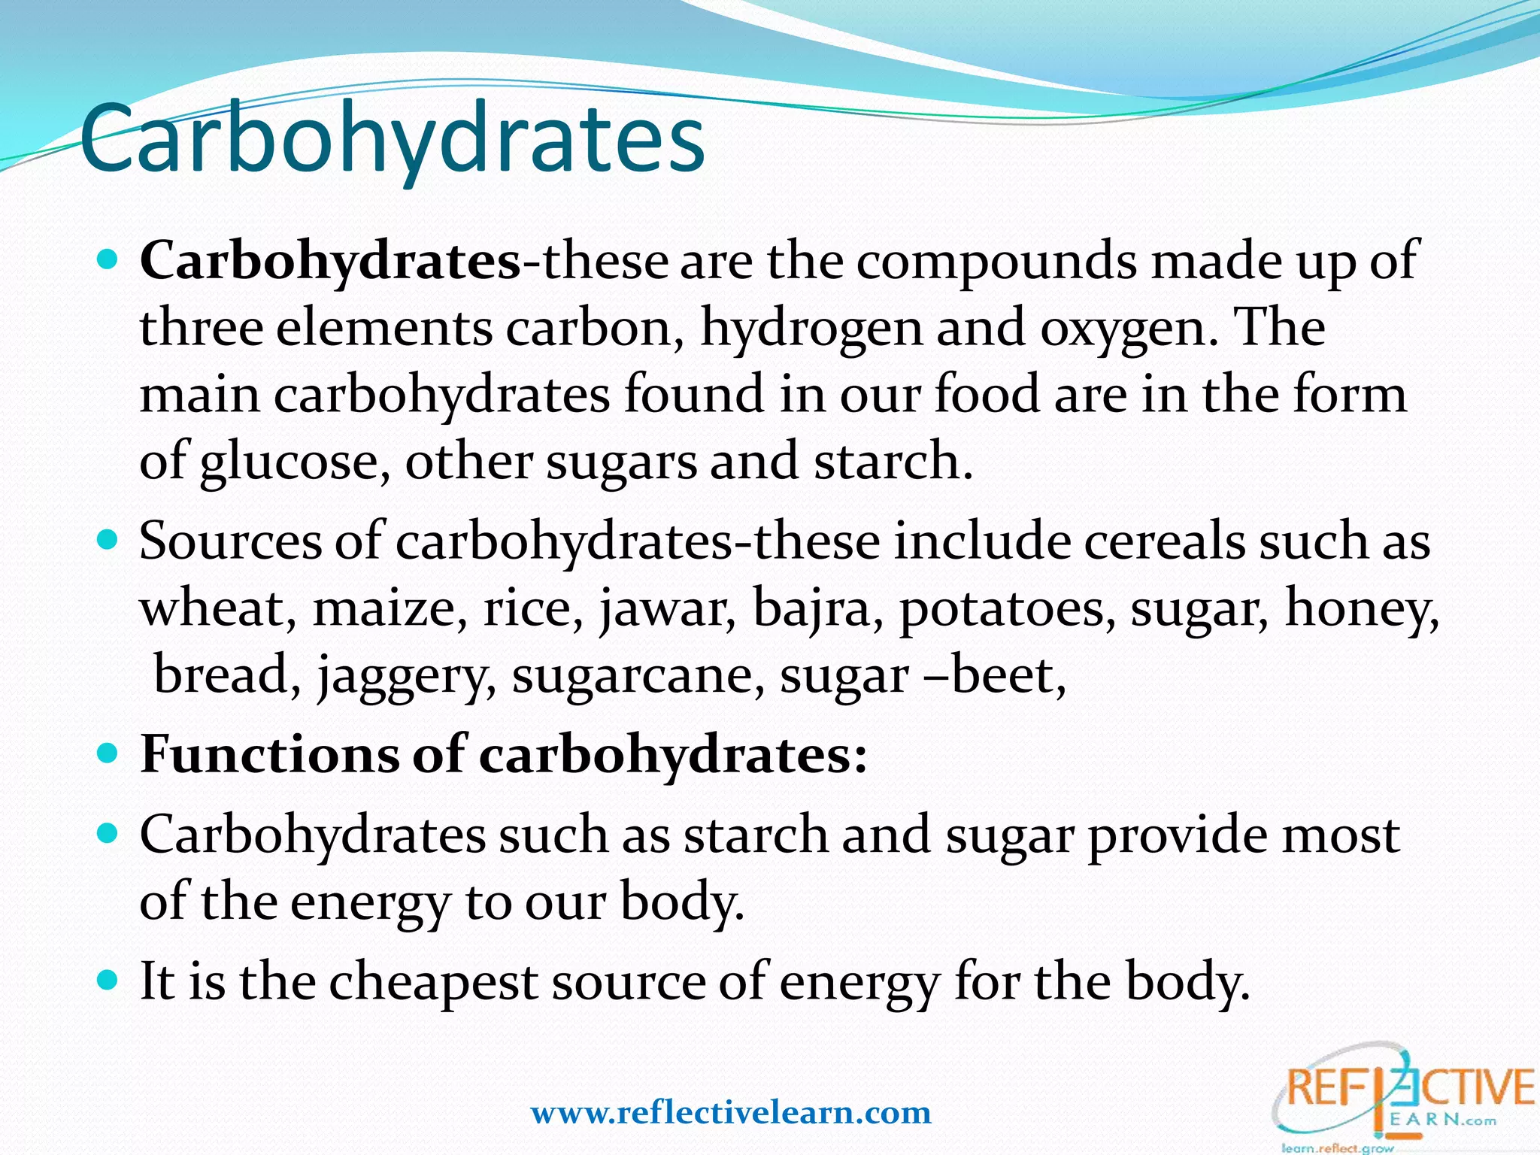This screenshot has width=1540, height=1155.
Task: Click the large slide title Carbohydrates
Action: click(x=392, y=140)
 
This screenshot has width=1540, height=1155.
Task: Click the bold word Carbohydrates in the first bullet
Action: click(x=330, y=261)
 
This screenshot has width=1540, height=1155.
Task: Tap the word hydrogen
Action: click(x=811, y=329)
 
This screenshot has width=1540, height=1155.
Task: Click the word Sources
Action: click(x=230, y=541)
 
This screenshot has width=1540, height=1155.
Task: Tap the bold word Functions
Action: click(x=269, y=754)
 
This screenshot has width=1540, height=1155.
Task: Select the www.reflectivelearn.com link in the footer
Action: click(x=731, y=1112)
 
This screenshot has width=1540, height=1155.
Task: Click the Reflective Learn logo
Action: click(x=1402, y=1099)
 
